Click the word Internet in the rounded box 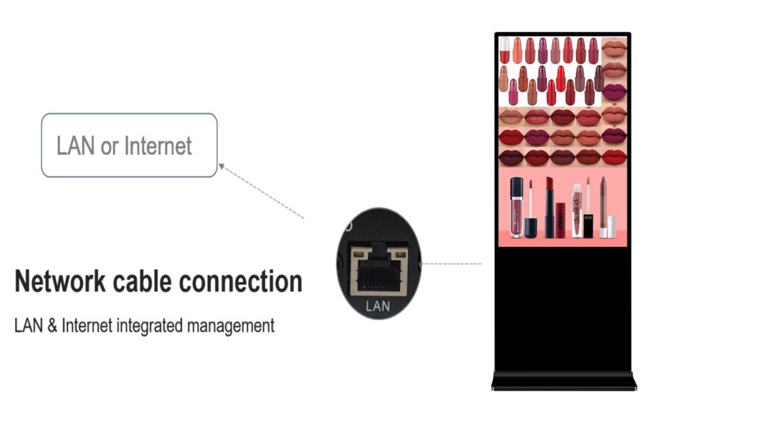coord(158,146)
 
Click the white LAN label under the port coord(378,306)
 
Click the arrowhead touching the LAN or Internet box coord(222,165)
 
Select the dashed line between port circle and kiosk coord(453,264)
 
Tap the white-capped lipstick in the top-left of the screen coord(505,50)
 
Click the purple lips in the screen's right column coord(614,93)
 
